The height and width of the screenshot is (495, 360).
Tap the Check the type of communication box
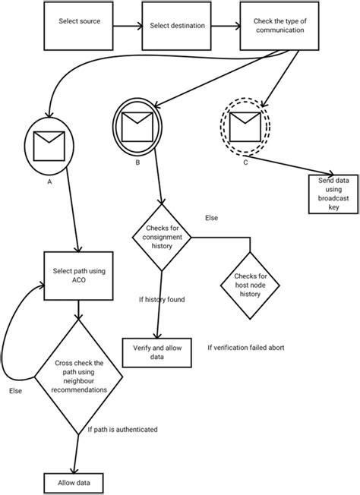[x=274, y=26]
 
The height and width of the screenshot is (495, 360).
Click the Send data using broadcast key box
[x=333, y=193]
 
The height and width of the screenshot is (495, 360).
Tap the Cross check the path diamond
[x=78, y=376]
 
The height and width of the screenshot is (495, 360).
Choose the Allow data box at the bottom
[x=74, y=483]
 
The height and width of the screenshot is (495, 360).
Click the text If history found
[x=163, y=299]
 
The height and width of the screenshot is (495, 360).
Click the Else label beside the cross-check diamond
[x=14, y=390]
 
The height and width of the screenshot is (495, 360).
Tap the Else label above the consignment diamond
[x=211, y=218]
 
